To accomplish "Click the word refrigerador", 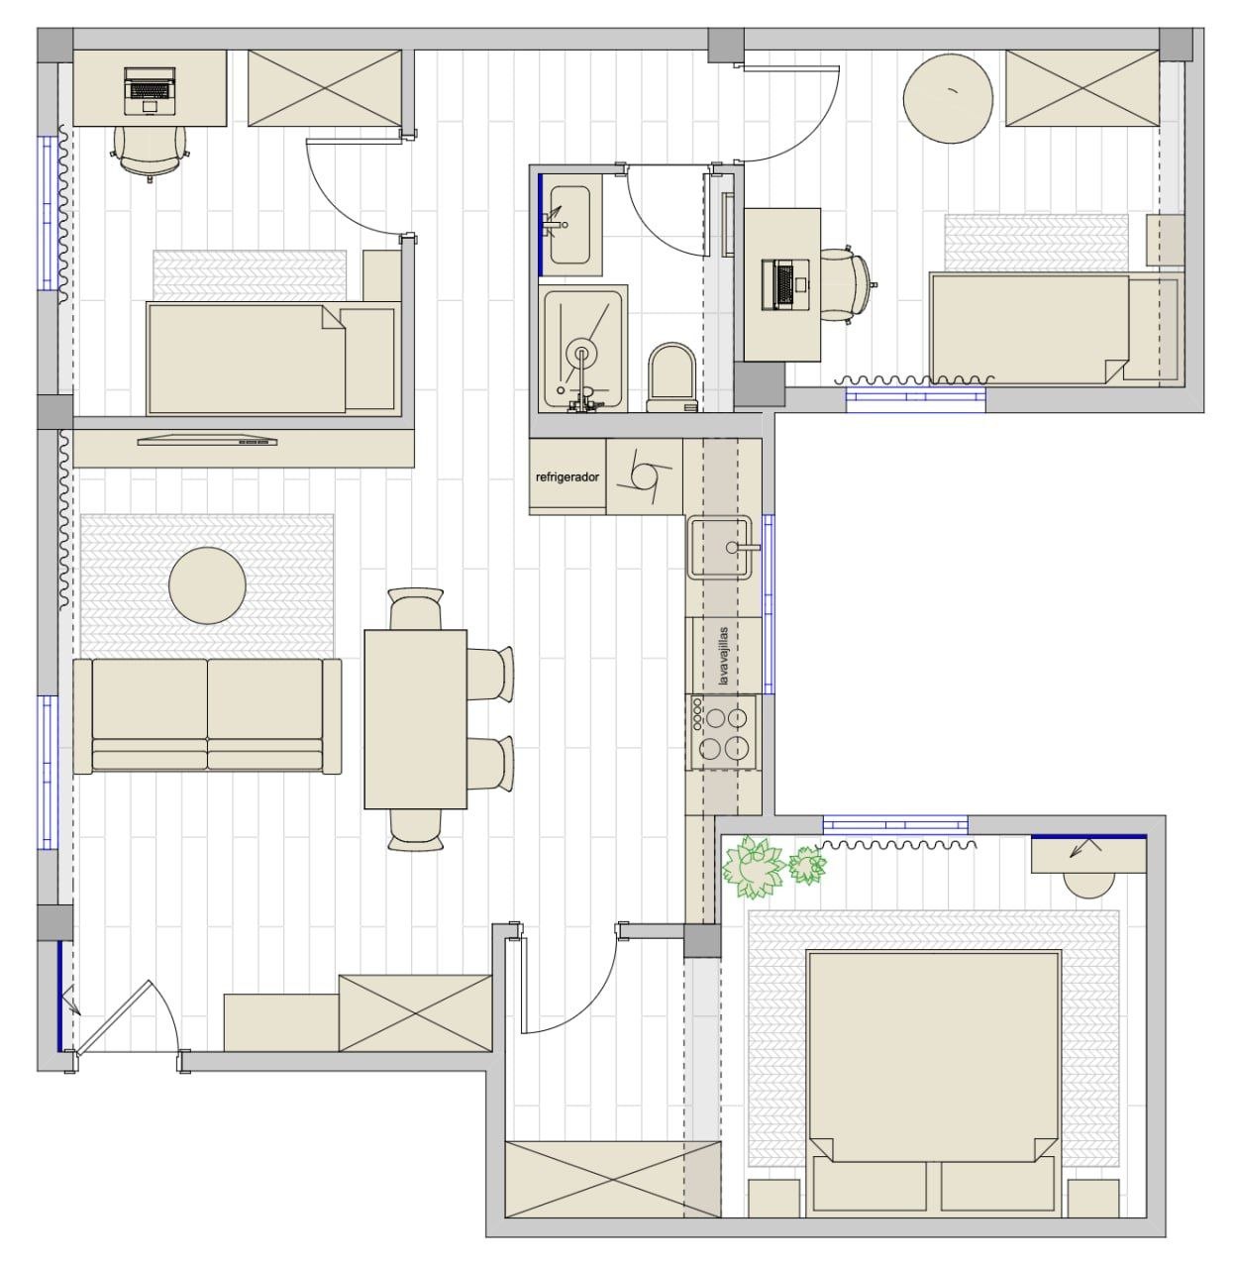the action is click(566, 476).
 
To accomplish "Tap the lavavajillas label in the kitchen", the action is click(722, 656).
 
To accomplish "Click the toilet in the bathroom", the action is click(672, 378).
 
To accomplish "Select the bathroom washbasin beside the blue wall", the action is click(569, 225).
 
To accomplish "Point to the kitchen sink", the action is click(721, 547).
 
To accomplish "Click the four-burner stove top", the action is click(723, 732).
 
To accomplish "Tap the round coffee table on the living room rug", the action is click(207, 585).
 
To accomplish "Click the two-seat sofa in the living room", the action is click(207, 716).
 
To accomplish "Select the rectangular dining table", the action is click(416, 719).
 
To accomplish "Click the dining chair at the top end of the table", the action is click(416, 608).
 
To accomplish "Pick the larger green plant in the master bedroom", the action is click(753, 867).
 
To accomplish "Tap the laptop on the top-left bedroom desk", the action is click(150, 90).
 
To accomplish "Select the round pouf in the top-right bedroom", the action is click(948, 98).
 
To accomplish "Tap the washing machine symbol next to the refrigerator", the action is click(645, 476).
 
